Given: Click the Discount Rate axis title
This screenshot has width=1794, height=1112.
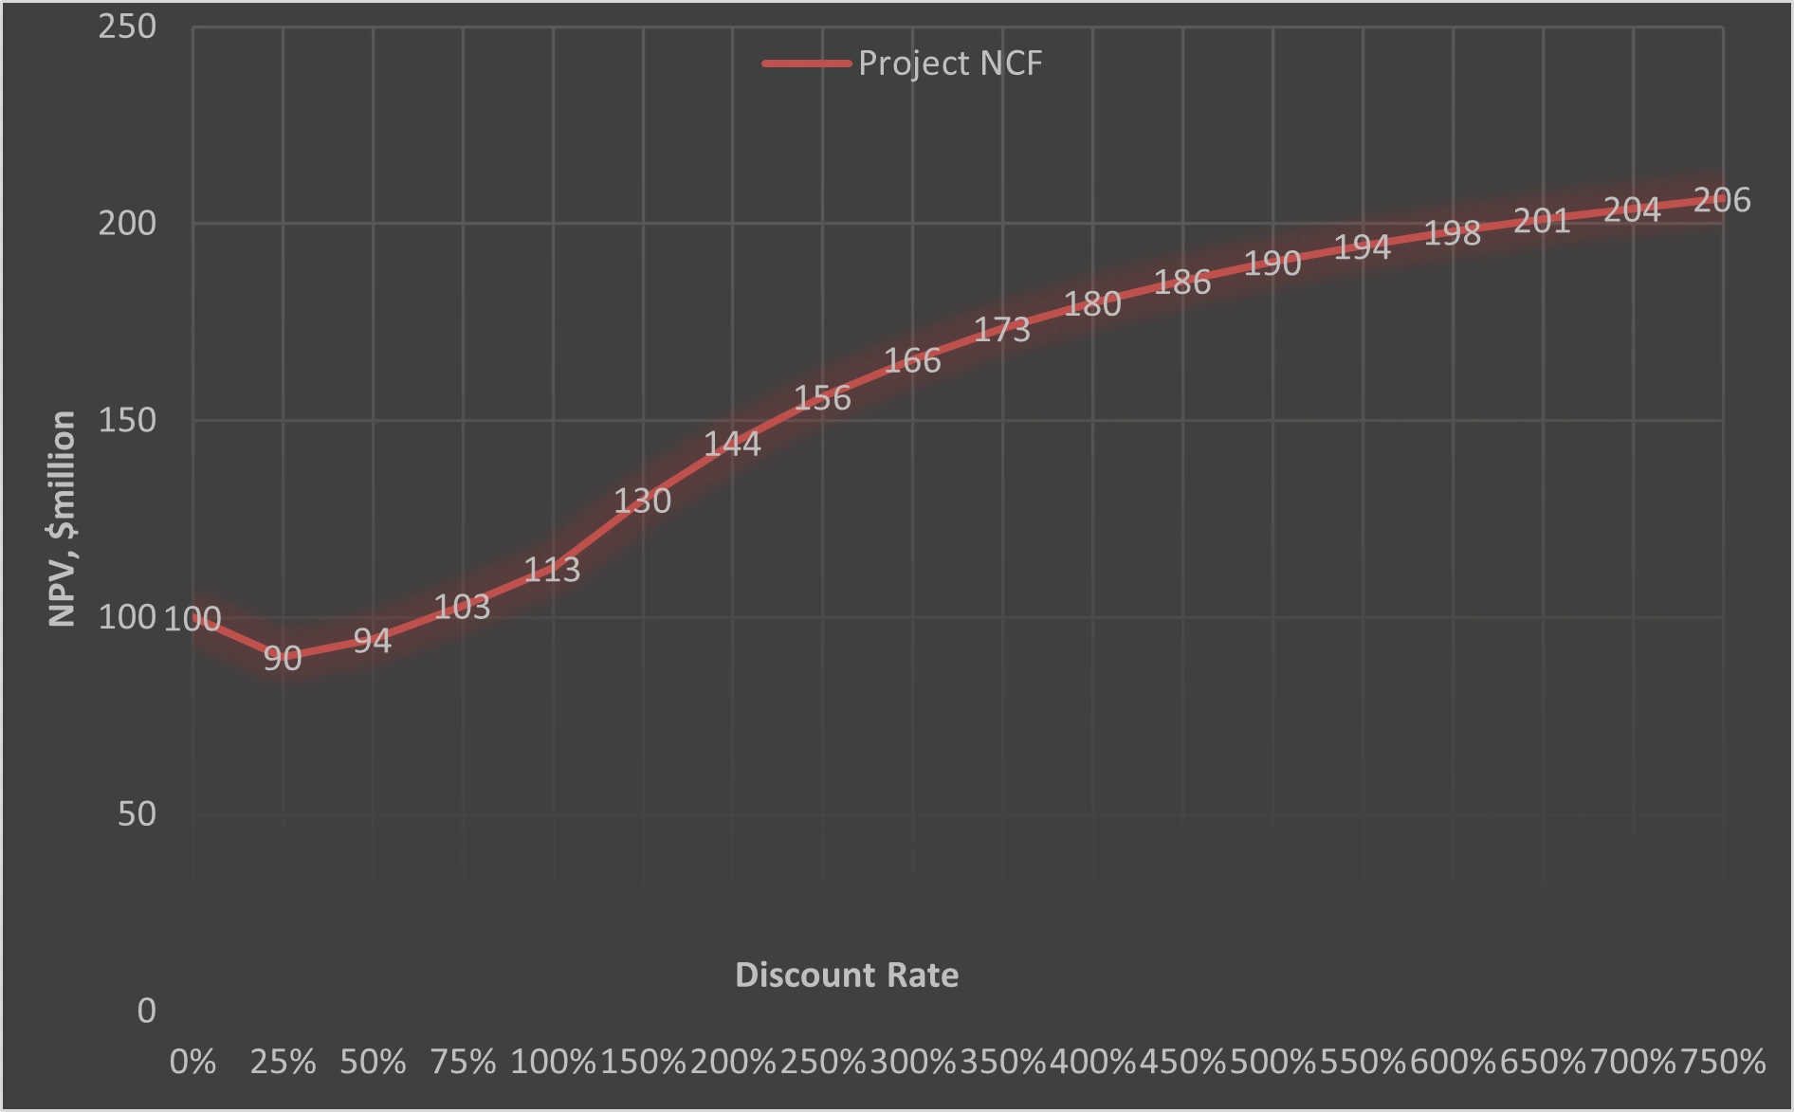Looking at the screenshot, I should point(847,975).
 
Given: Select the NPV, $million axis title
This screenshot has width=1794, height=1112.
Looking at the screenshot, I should point(63,519).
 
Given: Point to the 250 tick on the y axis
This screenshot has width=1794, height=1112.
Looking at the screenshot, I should point(127,27).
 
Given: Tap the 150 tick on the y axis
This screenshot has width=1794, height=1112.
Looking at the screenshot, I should point(127,420).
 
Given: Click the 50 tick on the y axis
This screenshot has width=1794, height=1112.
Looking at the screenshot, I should point(137,813).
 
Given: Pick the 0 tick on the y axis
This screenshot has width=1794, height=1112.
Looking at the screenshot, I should point(146,1011).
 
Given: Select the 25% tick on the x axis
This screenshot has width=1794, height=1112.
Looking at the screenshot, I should point(283,1062).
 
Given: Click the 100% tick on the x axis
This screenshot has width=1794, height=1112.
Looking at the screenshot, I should point(553,1062).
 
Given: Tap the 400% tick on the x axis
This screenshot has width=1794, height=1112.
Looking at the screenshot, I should point(1092,1062).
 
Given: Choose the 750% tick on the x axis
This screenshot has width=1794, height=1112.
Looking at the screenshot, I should point(1722,1062).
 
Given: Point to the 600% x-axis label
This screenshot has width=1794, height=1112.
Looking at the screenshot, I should point(1453,1062).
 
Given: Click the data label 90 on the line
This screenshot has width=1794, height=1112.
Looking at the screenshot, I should point(283,658).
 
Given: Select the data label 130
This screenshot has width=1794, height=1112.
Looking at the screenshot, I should point(642,501).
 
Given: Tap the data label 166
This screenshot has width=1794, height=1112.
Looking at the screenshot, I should point(912,360).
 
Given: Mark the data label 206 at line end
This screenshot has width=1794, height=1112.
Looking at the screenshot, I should point(1722,200).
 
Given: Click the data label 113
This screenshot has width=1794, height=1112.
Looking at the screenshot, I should point(552,569).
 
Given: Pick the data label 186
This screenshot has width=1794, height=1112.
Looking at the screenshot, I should point(1182,282).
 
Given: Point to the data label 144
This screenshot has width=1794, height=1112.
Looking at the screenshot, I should point(732,444).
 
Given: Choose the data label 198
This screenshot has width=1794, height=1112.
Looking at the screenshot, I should point(1452,233).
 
